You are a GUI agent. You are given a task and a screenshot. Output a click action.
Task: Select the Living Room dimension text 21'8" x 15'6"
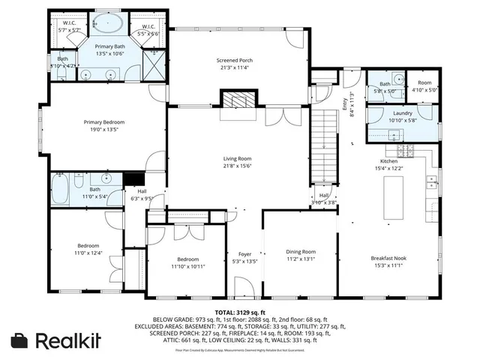pos(236,167)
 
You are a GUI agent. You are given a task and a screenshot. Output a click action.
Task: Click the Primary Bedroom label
pos(103,121)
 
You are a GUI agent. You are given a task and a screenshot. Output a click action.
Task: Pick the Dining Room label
pos(300,252)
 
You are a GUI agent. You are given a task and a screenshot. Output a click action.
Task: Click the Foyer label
pos(244,254)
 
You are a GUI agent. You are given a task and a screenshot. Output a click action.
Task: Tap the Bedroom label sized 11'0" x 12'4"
pos(87,246)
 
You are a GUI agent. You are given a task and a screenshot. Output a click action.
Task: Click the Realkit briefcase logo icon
pos(20,340)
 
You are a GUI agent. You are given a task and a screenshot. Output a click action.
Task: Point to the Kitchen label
pos(388,161)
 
